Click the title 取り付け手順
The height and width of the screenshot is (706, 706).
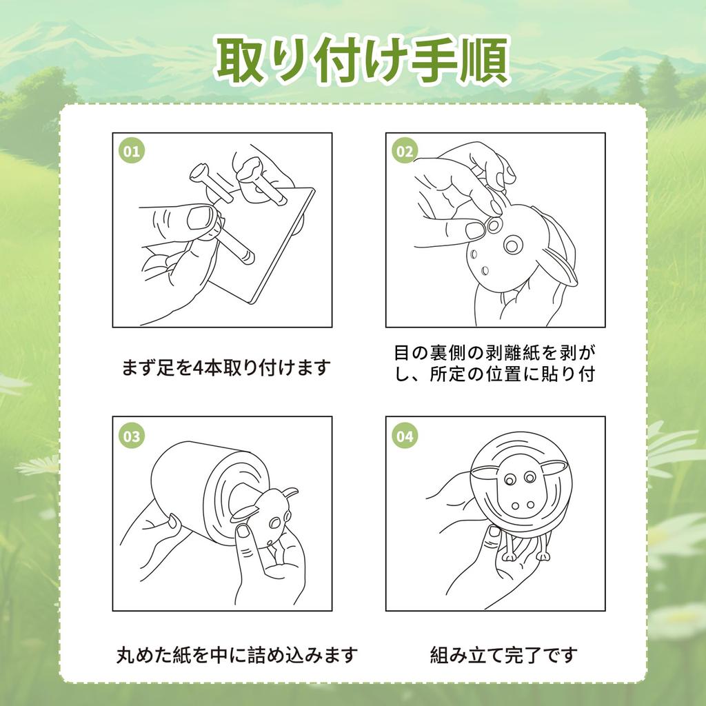click(363, 61)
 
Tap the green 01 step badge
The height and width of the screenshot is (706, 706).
click(132, 151)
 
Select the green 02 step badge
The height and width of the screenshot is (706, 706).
click(405, 151)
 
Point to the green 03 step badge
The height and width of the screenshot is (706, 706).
click(132, 436)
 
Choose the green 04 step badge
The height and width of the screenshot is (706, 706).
click(405, 436)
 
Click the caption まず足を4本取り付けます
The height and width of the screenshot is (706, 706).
click(226, 367)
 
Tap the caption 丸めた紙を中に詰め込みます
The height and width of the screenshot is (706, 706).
click(236, 655)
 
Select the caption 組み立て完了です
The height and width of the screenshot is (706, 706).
click(503, 655)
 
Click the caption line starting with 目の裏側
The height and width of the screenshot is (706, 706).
click(495, 353)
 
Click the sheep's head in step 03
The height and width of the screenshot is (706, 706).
click(270, 516)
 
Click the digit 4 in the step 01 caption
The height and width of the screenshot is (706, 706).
click(197, 368)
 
